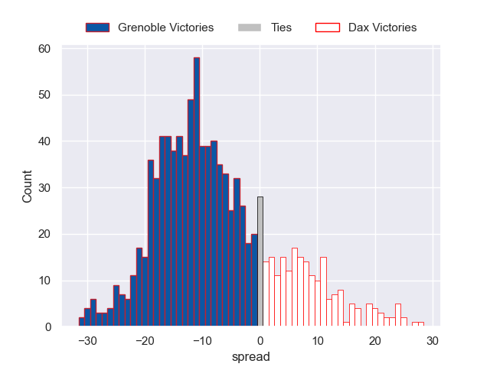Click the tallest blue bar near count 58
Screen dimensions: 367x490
click(x=197, y=191)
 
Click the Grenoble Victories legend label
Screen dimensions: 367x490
click(x=165, y=28)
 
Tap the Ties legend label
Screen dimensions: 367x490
click(x=281, y=28)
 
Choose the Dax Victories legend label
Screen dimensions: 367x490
click(x=382, y=28)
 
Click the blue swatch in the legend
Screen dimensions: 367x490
click(x=98, y=28)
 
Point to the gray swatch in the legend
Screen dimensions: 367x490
click(x=250, y=28)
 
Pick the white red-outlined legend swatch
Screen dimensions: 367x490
click(x=327, y=28)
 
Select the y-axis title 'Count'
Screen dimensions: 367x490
click(x=28, y=188)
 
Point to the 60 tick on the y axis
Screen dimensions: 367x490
click(x=44, y=49)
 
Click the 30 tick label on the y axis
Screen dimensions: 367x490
click(x=44, y=188)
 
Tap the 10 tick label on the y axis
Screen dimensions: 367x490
click(x=44, y=281)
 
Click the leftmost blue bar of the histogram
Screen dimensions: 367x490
click(x=81, y=322)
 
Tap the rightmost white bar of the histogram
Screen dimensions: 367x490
click(x=420, y=324)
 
